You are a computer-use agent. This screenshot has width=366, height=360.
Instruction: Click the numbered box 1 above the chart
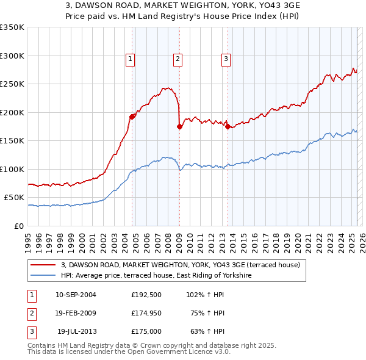click(x=131, y=59)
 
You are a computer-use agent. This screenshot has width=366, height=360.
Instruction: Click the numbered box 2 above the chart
click(x=178, y=59)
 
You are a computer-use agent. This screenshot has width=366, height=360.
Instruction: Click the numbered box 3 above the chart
click(x=226, y=59)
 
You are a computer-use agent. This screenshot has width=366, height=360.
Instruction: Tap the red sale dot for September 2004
click(x=132, y=117)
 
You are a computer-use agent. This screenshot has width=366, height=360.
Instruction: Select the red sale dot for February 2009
click(x=179, y=127)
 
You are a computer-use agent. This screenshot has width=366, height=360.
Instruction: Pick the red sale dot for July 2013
click(x=228, y=127)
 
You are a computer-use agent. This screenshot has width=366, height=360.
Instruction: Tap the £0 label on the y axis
click(x=20, y=226)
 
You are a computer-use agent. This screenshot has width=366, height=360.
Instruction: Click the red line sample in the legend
click(x=43, y=265)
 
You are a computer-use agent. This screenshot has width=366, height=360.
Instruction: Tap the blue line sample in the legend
click(x=43, y=275)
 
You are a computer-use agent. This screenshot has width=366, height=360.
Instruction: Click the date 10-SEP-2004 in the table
click(x=76, y=295)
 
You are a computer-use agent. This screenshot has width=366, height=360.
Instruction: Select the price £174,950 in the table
click(x=146, y=313)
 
